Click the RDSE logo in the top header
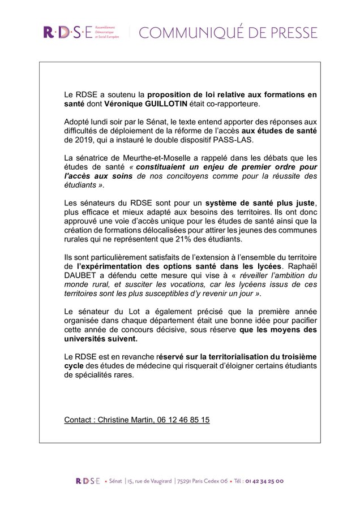pyautogui.click(x=67, y=32)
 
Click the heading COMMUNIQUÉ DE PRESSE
pyautogui.click(x=228, y=32)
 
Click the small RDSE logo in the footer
pyautogui.click(x=87, y=481)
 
